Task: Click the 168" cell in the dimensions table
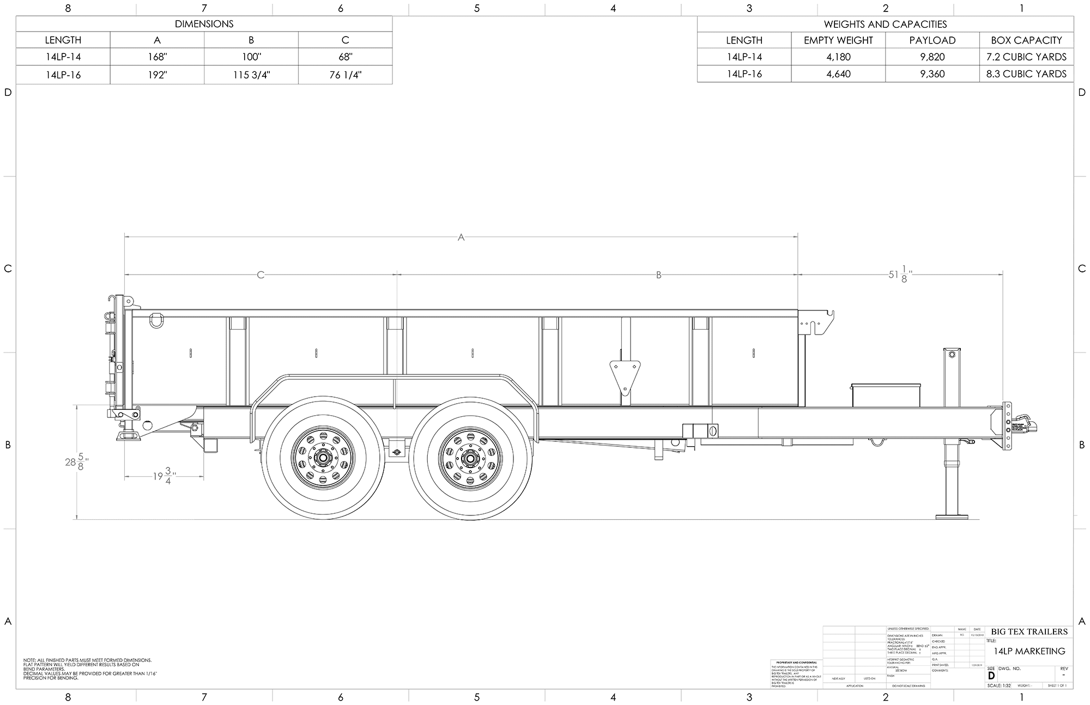point(157,57)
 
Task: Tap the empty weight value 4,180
point(838,57)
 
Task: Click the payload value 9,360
point(932,74)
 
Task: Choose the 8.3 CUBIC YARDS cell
point(1026,74)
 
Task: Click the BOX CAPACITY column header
point(1026,40)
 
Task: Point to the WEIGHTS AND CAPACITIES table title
point(885,25)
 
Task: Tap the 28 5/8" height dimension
point(77,462)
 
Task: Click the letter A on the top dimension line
point(461,238)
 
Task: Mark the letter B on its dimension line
point(658,275)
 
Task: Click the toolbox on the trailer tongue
point(886,395)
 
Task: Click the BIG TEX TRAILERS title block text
point(1029,631)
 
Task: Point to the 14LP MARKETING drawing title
point(1029,651)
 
